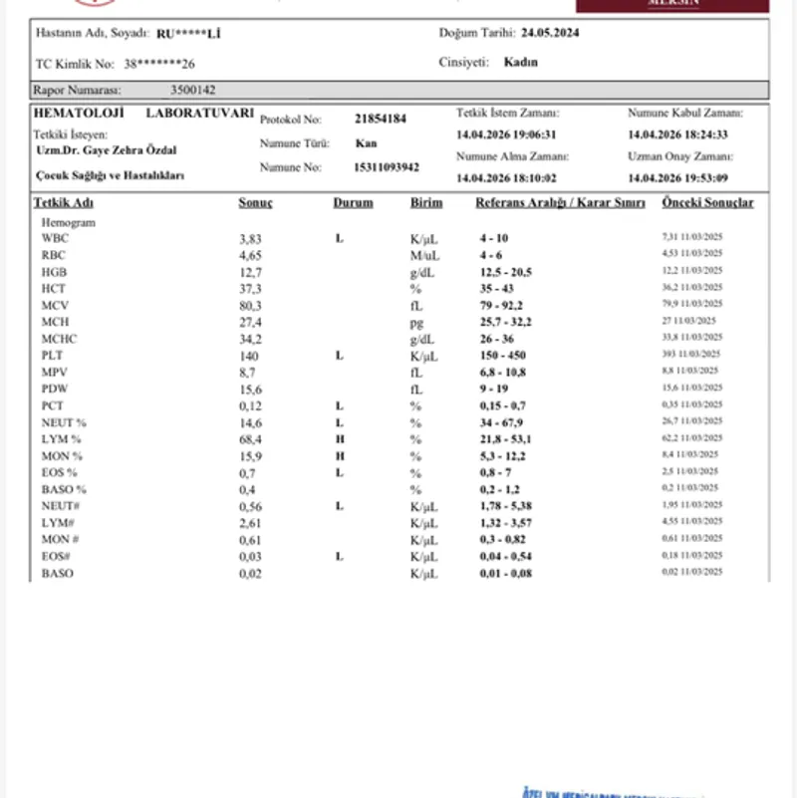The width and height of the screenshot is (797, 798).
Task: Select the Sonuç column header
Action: (255, 203)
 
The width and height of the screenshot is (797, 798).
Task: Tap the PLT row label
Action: (52, 355)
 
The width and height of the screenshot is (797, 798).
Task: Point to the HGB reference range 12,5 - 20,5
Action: (505, 272)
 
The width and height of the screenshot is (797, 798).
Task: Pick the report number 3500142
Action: (192, 90)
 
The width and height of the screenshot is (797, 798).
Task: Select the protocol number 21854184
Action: (380, 119)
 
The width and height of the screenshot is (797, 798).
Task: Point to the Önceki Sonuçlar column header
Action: (707, 203)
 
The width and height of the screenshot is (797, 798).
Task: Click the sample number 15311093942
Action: (387, 167)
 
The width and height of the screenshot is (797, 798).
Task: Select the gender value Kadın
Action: (521, 62)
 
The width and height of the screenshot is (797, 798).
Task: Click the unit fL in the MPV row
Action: (416, 372)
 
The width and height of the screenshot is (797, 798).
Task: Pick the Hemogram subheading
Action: (68, 223)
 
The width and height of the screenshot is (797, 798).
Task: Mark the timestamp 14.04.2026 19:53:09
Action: (677, 178)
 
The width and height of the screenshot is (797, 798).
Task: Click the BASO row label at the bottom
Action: (57, 574)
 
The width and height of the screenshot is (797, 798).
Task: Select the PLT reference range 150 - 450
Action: (502, 356)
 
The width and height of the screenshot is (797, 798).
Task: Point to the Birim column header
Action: (426, 203)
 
